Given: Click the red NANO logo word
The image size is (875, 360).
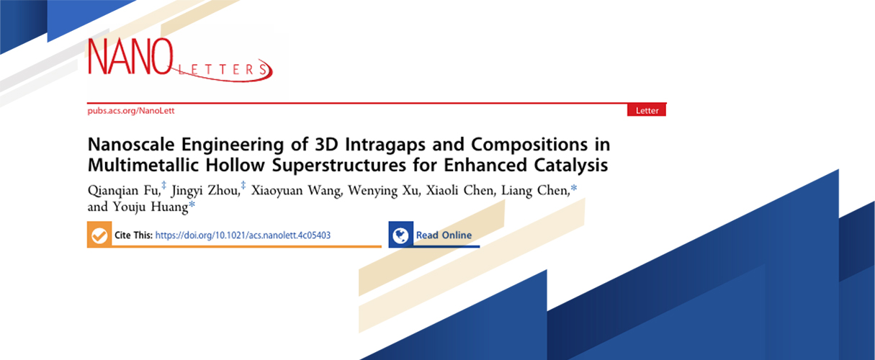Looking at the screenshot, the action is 130,56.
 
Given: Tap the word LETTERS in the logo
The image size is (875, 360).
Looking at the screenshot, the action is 223,70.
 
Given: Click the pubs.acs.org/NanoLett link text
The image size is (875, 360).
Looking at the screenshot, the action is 131,110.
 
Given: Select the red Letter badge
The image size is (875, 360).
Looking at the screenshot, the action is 647,110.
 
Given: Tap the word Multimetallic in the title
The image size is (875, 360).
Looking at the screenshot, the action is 143,165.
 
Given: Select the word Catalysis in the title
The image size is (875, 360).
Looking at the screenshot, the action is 570,166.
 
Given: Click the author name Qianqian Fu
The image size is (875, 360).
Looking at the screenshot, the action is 123,191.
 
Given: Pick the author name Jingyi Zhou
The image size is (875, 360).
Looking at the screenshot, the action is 205,191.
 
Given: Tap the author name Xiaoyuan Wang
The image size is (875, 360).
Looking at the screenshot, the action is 296,191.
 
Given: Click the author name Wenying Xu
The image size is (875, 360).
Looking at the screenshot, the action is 383,191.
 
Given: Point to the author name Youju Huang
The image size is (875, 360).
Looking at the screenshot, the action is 151,207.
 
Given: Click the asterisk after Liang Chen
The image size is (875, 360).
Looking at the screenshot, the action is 574,188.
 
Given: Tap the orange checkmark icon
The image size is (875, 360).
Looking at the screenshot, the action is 99,235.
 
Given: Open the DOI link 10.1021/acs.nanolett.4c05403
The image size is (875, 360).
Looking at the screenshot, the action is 243,235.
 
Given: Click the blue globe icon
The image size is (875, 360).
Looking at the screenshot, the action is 400,235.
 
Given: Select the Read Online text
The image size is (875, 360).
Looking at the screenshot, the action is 444,235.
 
